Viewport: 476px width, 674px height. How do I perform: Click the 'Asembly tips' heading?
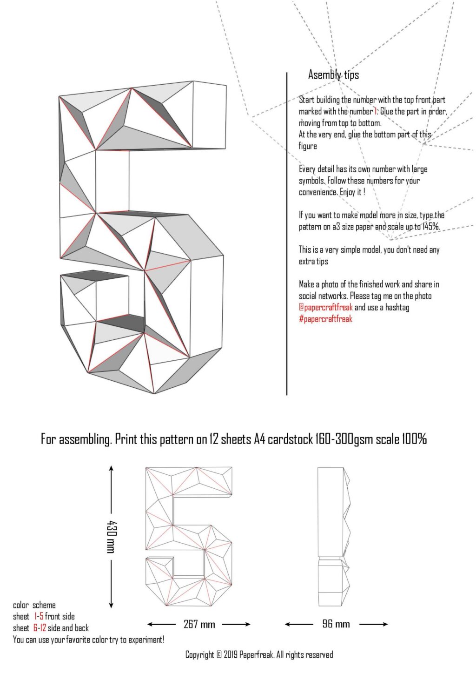pyautogui.click(x=333, y=74)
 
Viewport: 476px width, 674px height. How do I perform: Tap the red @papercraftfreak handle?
pyautogui.click(x=325, y=307)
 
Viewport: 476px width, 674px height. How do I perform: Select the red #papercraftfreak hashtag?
pyautogui.click(x=325, y=319)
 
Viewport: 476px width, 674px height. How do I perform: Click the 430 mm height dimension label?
pyautogui.click(x=111, y=537)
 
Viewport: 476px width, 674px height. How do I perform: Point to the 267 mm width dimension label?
pyautogui.click(x=199, y=624)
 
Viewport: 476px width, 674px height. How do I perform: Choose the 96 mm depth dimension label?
pyautogui.click(x=336, y=624)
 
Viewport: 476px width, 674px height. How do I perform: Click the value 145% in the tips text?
pyautogui.click(x=431, y=227)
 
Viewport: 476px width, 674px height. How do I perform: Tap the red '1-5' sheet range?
pyautogui.click(x=39, y=616)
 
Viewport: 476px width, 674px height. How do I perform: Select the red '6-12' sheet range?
pyautogui.click(x=40, y=628)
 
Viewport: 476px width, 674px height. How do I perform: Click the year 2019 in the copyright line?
pyautogui.click(x=231, y=655)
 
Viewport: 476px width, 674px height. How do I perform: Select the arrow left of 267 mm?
pyautogui.click(x=161, y=624)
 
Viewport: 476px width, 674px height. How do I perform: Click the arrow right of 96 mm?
pyautogui.click(x=374, y=624)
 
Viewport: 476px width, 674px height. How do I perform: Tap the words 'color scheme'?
pyautogui.click(x=34, y=605)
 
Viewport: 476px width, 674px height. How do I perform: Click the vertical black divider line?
pyautogui.click(x=287, y=233)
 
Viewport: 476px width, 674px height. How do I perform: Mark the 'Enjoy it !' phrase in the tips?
pyautogui.click(x=352, y=192)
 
